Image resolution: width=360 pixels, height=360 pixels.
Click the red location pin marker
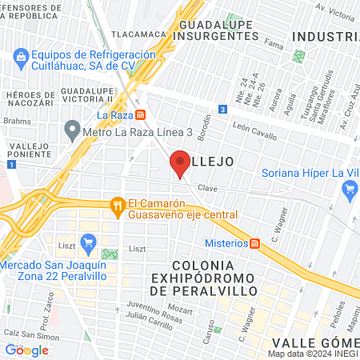(179, 164)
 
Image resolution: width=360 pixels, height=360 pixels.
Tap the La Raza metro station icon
(141, 114)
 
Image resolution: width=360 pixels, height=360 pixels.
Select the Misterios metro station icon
(254, 243)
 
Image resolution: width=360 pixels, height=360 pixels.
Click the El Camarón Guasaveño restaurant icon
(118, 205)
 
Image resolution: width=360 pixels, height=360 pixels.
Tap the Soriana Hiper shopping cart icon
(349, 190)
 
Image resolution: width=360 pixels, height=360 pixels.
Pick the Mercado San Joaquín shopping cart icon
(89, 240)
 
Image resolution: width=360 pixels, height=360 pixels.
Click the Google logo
(26, 350)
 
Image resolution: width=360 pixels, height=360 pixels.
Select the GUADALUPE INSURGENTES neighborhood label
(218, 31)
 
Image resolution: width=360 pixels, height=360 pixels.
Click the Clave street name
(208, 188)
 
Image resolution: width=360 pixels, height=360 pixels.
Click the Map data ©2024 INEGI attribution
(313, 353)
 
